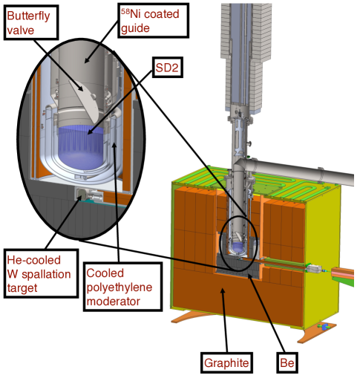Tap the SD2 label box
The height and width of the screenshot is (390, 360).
tap(168, 68)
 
